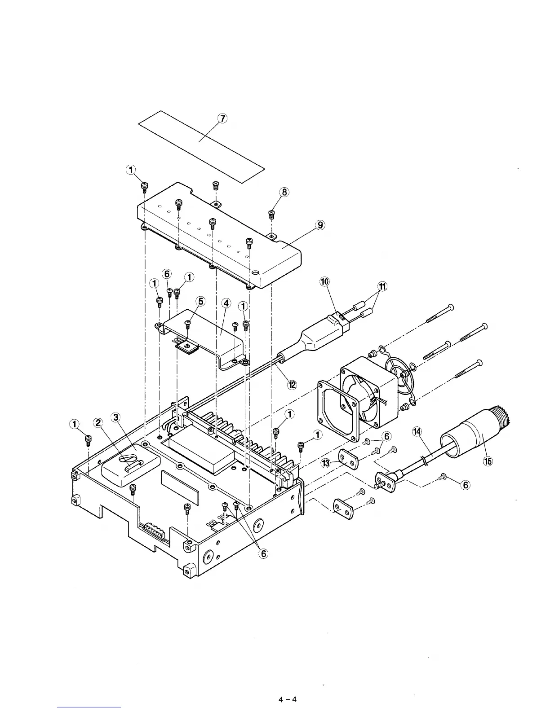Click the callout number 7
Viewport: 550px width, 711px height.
222,118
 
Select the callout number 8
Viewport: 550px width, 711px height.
284,192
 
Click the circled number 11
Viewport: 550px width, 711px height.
382,286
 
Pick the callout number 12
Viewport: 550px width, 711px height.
293,384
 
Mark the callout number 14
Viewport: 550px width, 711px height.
417,432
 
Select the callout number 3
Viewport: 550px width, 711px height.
116,418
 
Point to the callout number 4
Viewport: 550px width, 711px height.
226,303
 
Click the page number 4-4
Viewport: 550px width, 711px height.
288,699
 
